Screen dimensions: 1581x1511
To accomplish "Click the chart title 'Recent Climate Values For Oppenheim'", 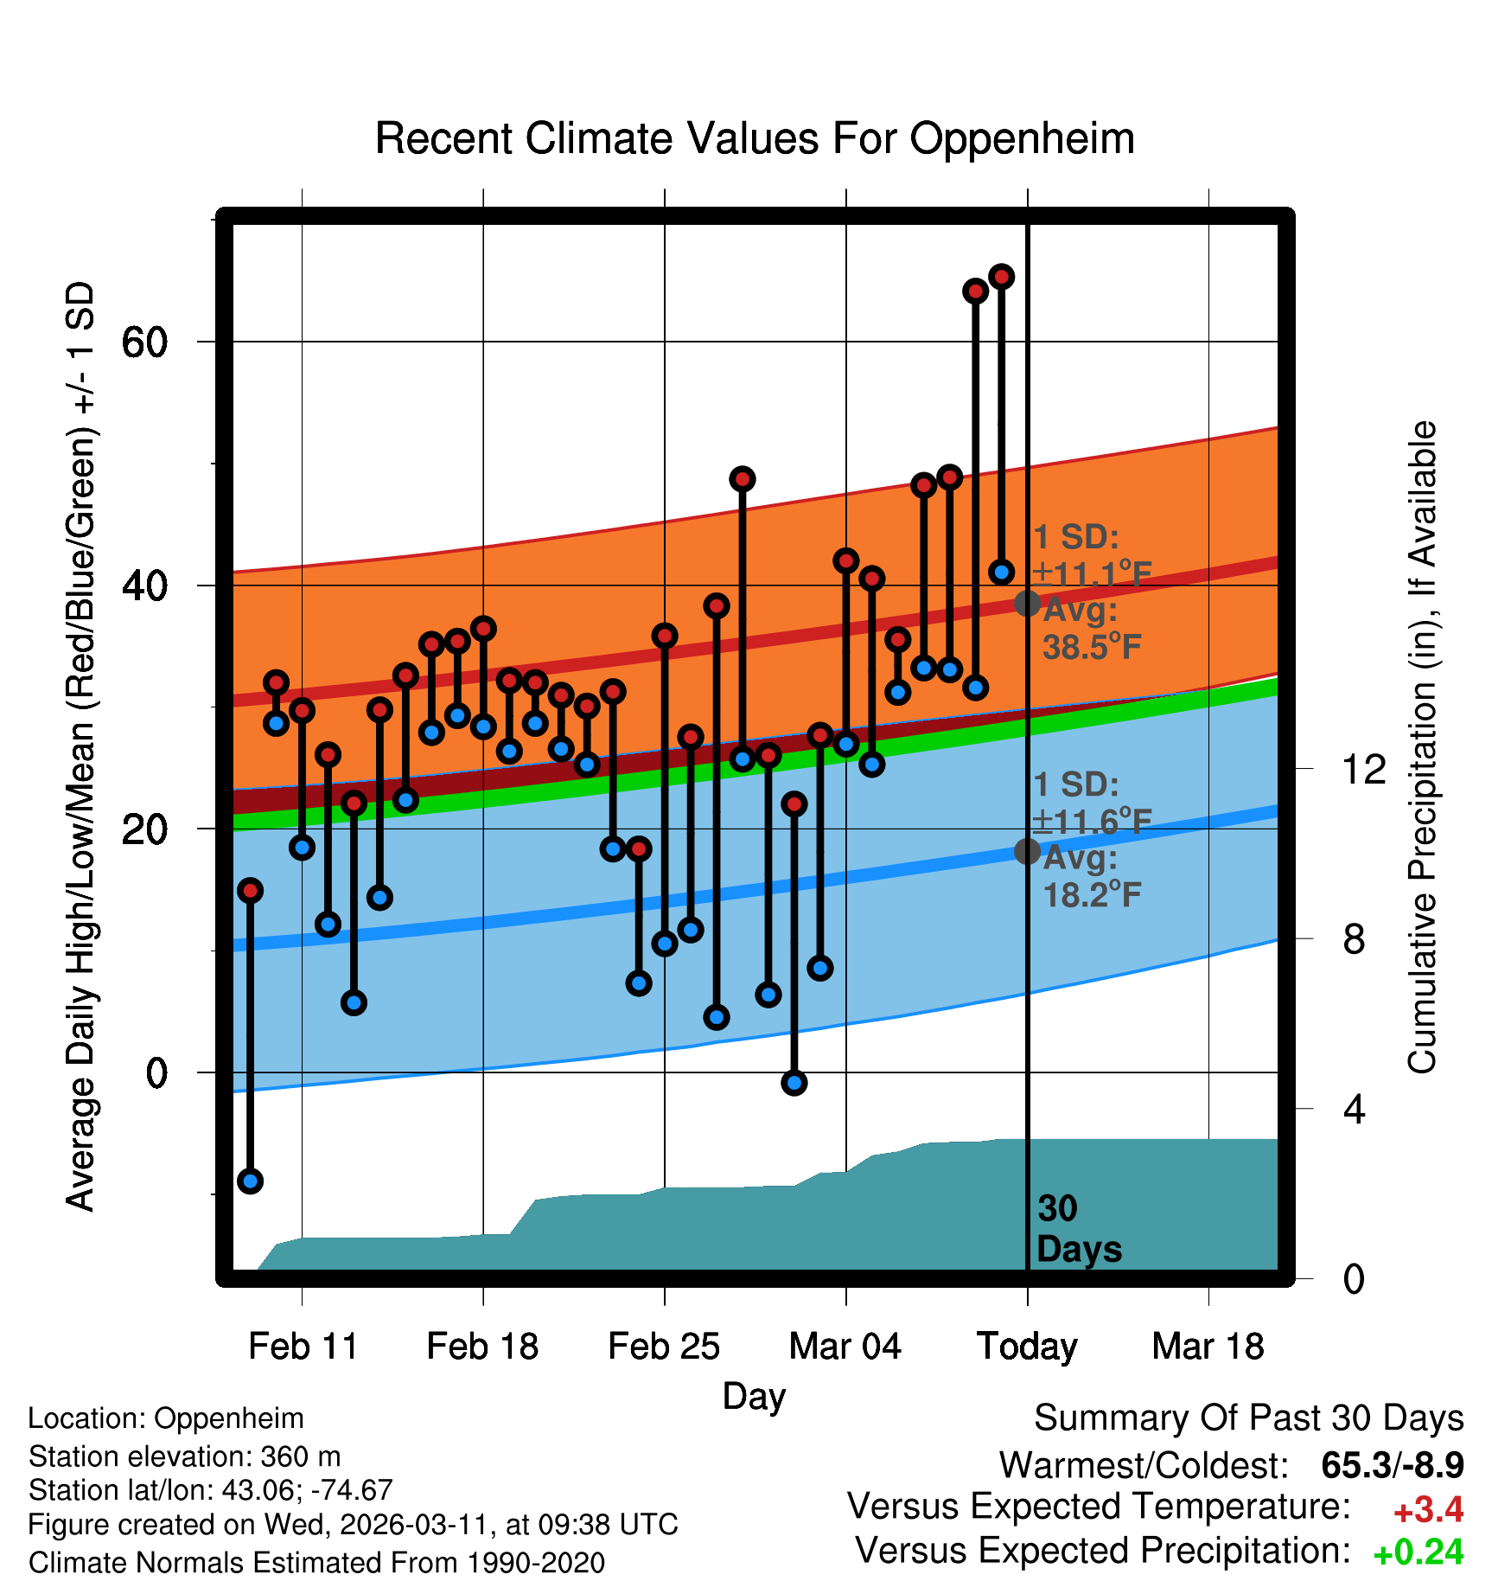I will click(x=755, y=138).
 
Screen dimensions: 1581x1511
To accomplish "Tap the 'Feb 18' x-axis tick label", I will click(x=482, y=1346).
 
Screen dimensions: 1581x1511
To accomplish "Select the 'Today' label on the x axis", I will click(x=1027, y=1346).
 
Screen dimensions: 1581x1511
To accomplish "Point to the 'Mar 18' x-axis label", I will click(x=1208, y=1346).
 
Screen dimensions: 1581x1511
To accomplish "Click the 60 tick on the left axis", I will click(x=144, y=342).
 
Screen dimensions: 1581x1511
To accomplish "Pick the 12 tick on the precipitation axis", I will click(x=1363, y=768).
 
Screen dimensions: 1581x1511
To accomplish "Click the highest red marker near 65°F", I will click(x=1001, y=277).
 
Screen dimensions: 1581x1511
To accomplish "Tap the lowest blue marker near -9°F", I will click(x=250, y=1181).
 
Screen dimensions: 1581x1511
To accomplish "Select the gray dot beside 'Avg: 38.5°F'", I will click(x=1027, y=603).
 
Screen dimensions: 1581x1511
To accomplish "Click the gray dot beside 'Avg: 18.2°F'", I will click(x=1027, y=851).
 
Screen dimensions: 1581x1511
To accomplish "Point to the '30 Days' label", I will click(x=1078, y=1229).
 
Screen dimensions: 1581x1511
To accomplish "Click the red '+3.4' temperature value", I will click(x=1428, y=1510).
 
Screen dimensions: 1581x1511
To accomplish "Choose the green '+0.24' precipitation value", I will click(x=1418, y=1552).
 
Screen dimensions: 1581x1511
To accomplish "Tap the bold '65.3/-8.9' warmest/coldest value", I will click(x=1392, y=1465).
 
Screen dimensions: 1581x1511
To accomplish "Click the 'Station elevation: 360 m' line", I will click(x=184, y=1456).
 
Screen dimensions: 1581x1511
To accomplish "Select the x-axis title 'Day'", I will click(x=754, y=1396).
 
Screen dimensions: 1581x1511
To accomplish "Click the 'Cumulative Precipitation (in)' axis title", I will click(x=1421, y=747).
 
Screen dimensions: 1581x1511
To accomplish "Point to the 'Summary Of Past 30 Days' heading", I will click(x=1248, y=1418).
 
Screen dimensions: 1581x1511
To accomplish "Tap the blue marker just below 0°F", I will click(x=794, y=1082).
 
